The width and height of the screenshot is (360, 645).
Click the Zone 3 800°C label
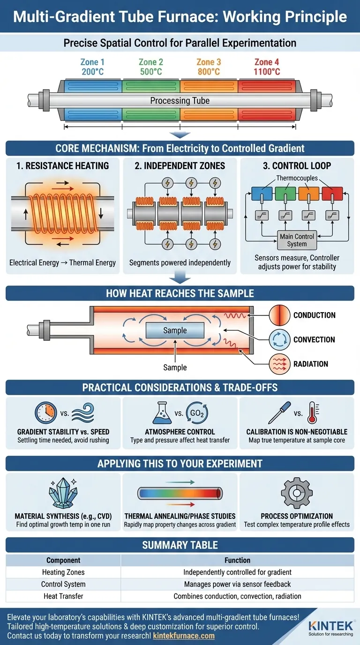coord(209,67)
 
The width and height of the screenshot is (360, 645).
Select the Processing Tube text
coord(180,101)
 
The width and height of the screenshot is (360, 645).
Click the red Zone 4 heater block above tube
coord(267,85)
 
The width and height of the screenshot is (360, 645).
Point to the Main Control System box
coord(297,240)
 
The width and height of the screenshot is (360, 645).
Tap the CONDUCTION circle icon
coord(277,315)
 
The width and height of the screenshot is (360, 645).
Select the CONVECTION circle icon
coord(277,339)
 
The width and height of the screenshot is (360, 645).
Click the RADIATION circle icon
coord(277,364)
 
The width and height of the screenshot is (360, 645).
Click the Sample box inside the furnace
coord(175,330)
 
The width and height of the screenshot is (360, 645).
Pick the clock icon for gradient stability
coord(46,413)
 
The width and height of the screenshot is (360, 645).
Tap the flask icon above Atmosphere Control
coord(162,413)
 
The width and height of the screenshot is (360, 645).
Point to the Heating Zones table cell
coord(63,572)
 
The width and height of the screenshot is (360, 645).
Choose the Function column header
coord(237,560)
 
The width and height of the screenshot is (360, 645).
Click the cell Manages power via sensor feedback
coord(237,584)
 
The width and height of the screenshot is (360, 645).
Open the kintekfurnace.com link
coord(183,636)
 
